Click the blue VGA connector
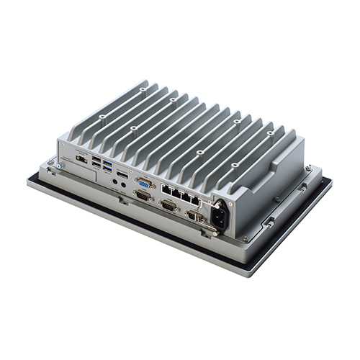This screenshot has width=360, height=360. click(x=144, y=184)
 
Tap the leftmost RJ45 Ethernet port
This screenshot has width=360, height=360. click(x=165, y=190)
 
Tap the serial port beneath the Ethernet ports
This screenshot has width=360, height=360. click(x=168, y=205)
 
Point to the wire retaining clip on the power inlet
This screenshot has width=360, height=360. click(x=210, y=227)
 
